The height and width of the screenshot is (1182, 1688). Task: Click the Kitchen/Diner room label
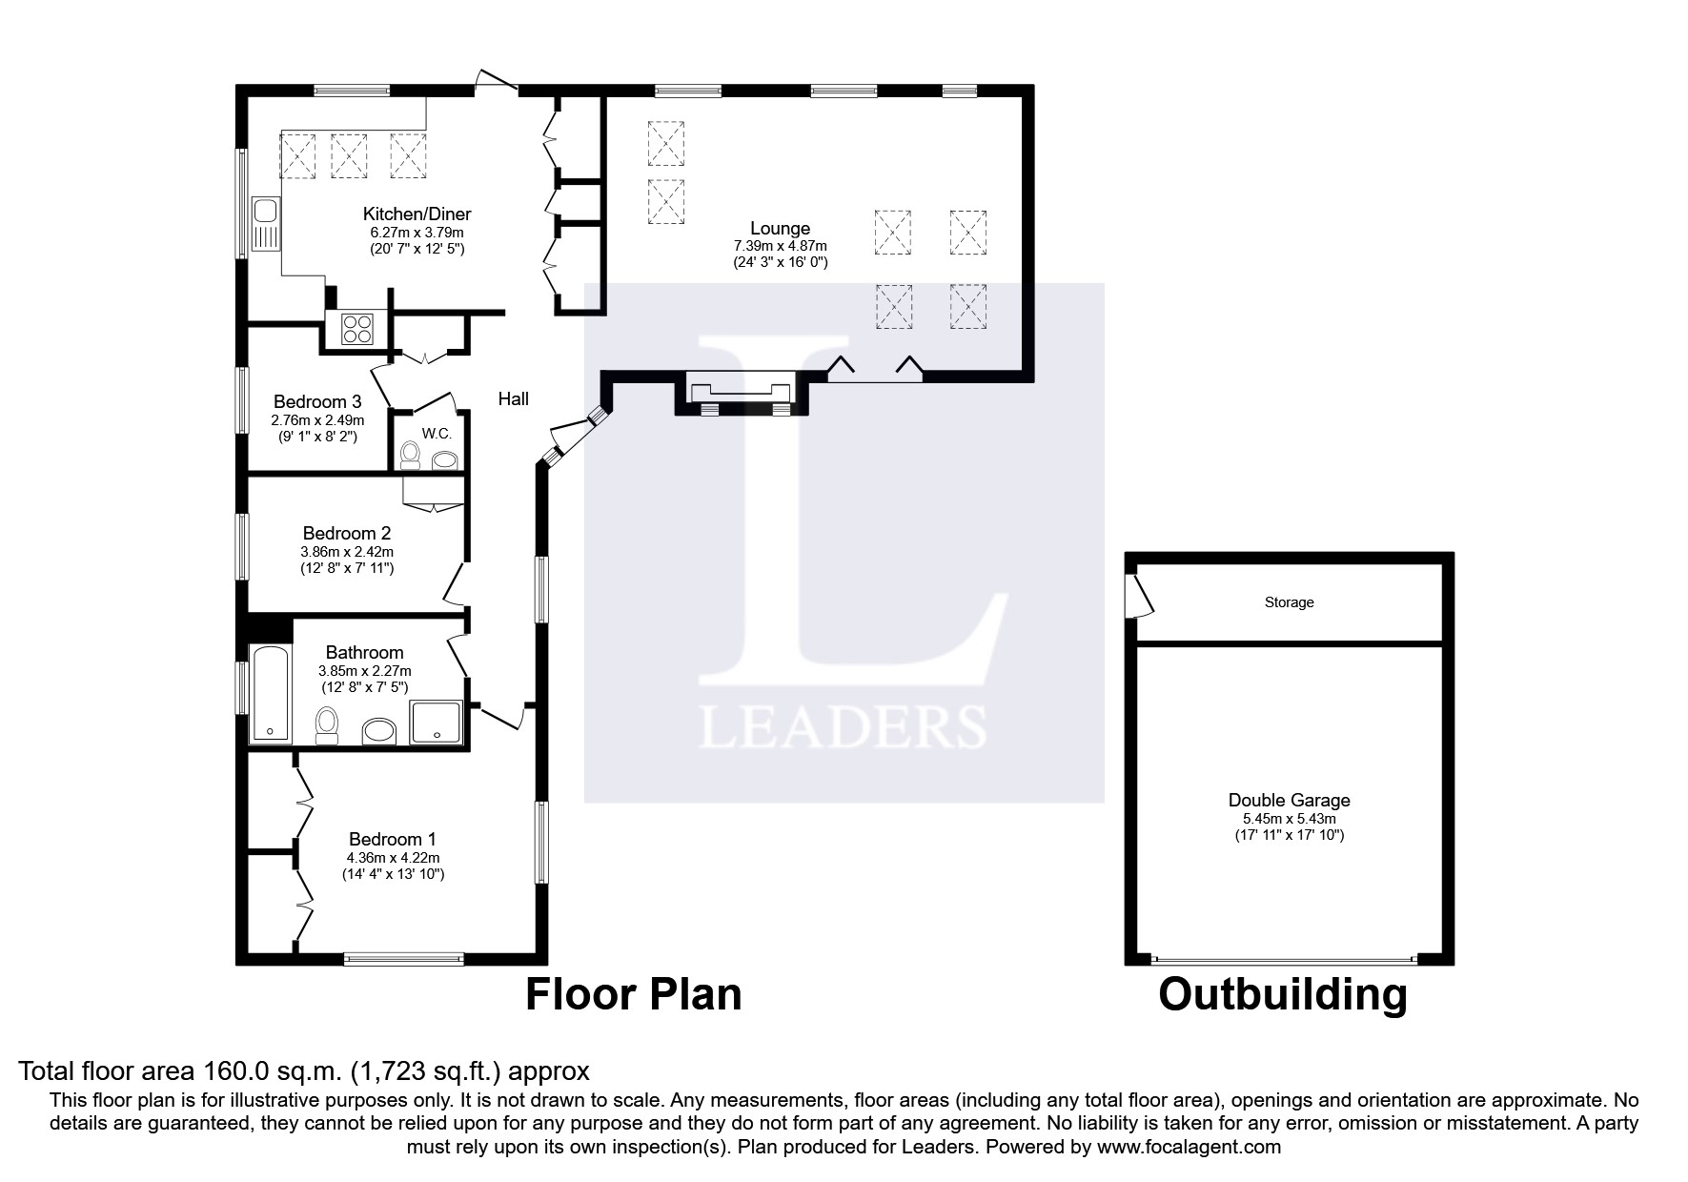(x=417, y=214)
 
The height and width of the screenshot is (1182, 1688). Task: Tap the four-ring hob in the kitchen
(x=357, y=329)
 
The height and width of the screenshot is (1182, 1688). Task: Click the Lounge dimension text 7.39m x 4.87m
(x=780, y=246)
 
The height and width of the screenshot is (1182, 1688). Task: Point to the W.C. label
(x=437, y=434)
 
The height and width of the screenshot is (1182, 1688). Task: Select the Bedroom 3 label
(x=317, y=401)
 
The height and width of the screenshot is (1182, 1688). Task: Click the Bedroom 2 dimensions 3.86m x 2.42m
(x=347, y=551)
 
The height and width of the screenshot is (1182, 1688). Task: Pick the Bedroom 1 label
(x=392, y=839)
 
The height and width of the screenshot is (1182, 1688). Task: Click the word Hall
(x=513, y=399)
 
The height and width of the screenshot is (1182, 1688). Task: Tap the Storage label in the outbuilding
(x=1289, y=602)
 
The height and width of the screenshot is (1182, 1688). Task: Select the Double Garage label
(x=1289, y=801)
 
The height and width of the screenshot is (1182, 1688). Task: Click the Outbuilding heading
(x=1282, y=994)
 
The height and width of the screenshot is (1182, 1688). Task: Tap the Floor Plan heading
(x=634, y=994)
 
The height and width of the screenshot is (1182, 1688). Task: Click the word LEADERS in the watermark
(x=843, y=726)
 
